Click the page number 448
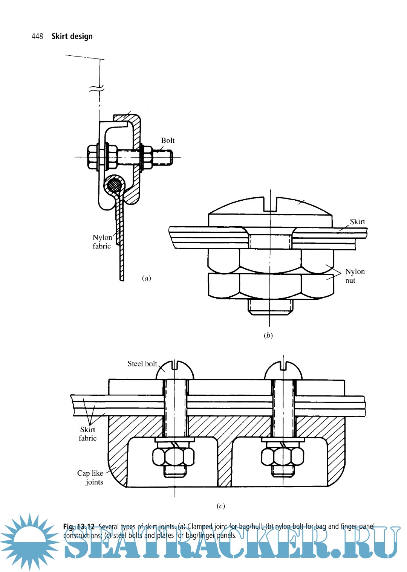[37, 36]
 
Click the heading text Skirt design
[72, 36]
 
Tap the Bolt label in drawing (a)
[168, 140]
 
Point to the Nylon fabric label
[102, 242]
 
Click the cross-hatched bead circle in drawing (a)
[114, 185]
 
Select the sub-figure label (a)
[146, 278]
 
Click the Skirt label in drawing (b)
[357, 221]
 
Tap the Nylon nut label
[355, 276]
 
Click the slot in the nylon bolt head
[270, 203]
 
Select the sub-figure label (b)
[268, 335]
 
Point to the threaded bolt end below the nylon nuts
[270, 307]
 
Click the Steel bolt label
[142, 364]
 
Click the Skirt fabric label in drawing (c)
[87, 434]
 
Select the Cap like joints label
[90, 477]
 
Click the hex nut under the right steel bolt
[283, 456]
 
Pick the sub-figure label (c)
[220, 506]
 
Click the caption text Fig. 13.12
[79, 526]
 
